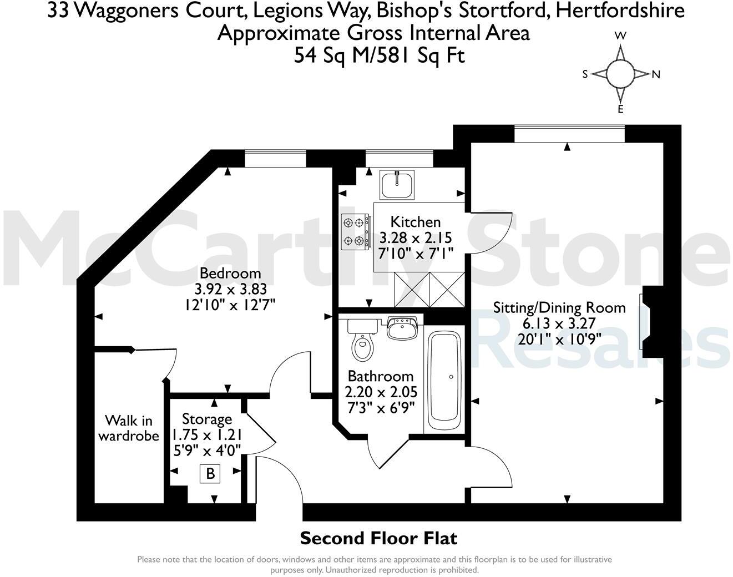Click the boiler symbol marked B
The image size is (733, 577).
[210, 474]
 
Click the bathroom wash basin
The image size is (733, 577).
[402, 328]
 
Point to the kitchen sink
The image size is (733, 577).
[397, 184]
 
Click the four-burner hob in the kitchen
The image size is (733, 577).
[356, 231]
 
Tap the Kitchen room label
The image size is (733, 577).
[416, 222]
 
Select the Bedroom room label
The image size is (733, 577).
[230, 273]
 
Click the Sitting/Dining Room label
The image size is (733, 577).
[559, 307]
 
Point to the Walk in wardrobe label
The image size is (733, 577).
[129, 428]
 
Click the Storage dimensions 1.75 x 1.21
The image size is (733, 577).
[207, 434]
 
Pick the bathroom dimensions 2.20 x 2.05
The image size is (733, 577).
[381, 392]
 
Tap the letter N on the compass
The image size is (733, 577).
[656, 75]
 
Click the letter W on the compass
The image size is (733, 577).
[620, 36]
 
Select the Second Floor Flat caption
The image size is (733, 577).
[378, 538]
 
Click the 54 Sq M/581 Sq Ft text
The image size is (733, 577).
[379, 55]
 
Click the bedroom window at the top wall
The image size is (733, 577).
[275, 159]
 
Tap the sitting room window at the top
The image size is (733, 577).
[569, 134]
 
